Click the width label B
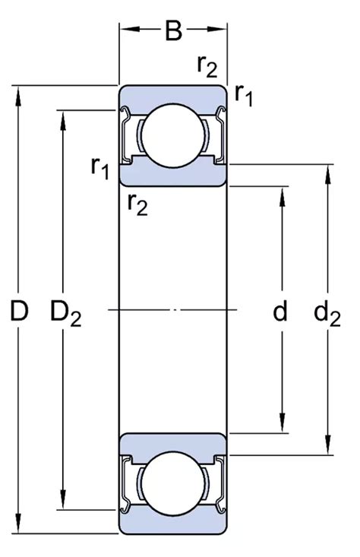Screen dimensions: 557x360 174,32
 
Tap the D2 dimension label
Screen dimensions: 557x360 66,312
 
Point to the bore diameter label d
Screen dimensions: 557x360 280,310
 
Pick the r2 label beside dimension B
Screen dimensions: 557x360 207,67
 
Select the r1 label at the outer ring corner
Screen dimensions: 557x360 245,94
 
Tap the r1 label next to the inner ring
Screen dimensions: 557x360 100,167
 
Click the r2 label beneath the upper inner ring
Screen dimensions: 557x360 137,203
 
